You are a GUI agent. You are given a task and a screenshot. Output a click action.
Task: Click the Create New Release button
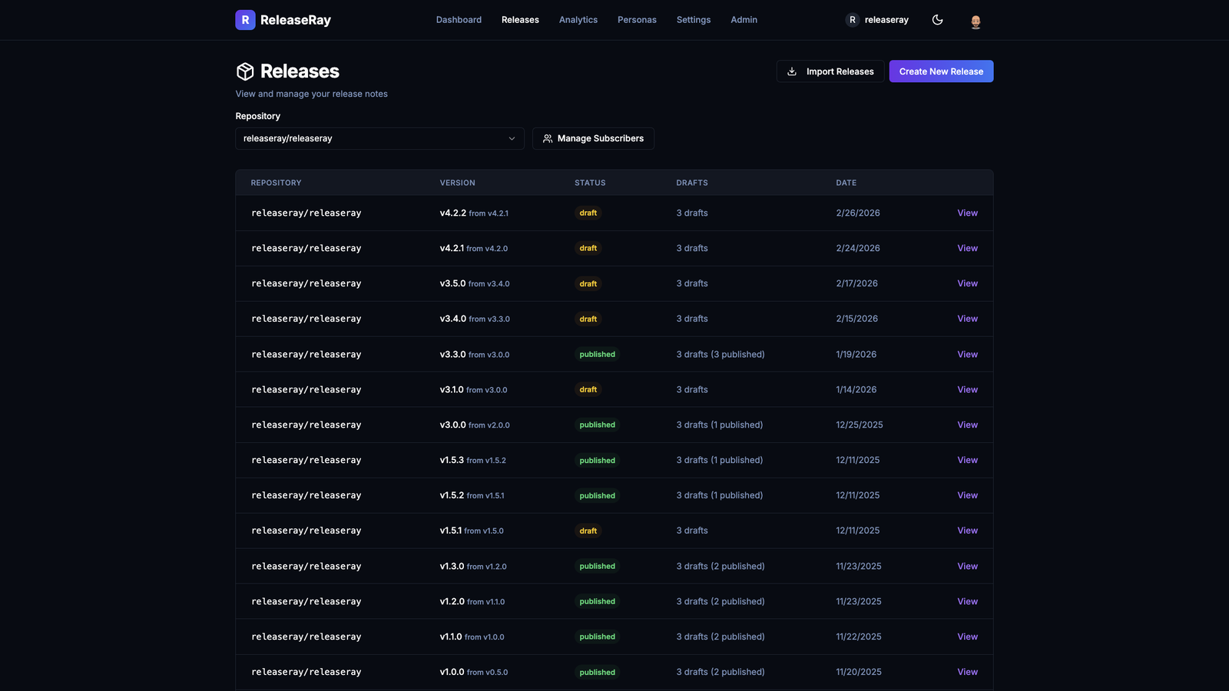(941, 71)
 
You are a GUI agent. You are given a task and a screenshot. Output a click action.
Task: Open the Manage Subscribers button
(593, 139)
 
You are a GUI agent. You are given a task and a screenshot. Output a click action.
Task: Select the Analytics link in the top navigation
(578, 20)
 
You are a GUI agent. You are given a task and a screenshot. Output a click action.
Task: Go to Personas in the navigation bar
(637, 20)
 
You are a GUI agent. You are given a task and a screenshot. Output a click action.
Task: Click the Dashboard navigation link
(459, 20)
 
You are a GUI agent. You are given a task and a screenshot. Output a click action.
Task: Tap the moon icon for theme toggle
(937, 20)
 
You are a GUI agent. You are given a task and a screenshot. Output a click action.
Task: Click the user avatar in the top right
(976, 21)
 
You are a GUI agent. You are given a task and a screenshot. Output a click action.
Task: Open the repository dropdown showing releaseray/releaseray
(379, 139)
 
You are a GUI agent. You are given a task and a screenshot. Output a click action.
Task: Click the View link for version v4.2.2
(967, 213)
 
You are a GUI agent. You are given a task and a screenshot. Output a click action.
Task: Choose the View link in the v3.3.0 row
(967, 355)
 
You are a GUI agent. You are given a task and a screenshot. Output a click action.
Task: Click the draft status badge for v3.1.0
(588, 390)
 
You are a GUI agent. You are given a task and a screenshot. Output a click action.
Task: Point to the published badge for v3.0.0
(598, 425)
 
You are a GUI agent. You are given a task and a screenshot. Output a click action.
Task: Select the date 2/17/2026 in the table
(856, 284)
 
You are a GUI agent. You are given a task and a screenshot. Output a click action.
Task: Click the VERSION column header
(457, 183)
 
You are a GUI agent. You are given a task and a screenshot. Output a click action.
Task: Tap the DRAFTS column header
(692, 183)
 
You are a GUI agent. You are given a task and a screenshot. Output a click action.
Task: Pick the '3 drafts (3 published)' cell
(721, 355)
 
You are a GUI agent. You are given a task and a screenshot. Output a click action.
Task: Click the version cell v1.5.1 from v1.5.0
(472, 531)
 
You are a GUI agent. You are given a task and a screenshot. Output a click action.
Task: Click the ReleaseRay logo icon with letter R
(245, 20)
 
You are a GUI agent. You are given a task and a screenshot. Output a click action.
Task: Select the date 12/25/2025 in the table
(860, 425)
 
